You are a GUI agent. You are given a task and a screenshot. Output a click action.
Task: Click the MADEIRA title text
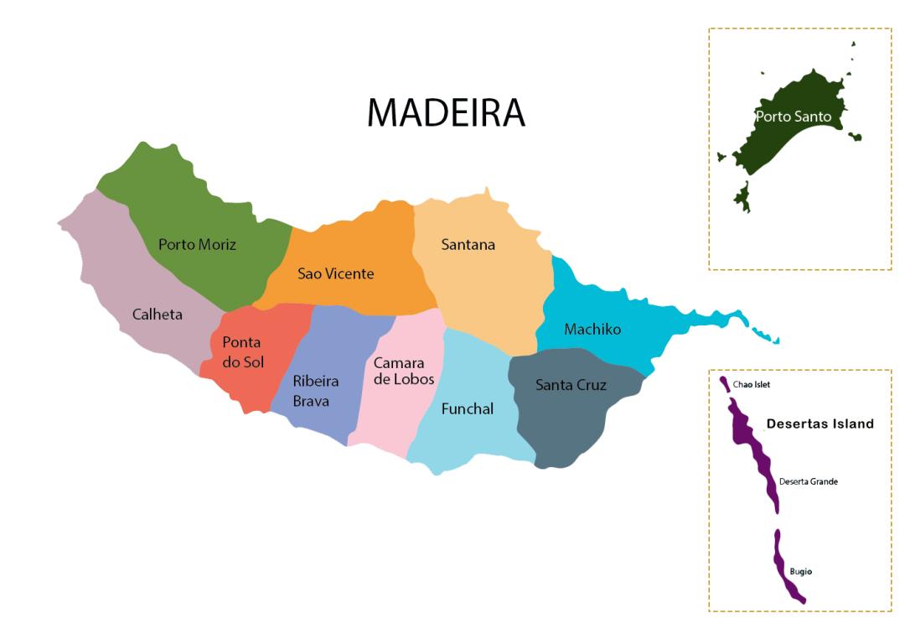(x=446, y=113)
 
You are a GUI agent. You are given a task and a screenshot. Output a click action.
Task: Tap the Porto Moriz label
(x=197, y=245)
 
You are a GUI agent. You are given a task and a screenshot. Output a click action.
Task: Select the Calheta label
(x=157, y=314)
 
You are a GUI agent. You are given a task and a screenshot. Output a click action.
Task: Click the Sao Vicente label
(x=335, y=273)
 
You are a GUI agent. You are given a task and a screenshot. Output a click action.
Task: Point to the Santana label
(x=468, y=245)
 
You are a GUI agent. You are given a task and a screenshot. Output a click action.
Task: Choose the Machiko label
(x=592, y=329)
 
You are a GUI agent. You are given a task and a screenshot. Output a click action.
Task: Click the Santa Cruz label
(x=571, y=385)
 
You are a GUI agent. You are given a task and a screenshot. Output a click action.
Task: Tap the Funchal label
(x=467, y=409)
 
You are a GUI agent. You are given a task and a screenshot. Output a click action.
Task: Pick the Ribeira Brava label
(x=315, y=391)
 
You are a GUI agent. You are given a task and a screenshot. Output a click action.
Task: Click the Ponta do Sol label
(x=241, y=352)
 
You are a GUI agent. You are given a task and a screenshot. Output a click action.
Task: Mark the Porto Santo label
(x=793, y=117)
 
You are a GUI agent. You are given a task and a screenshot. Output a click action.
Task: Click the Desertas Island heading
(x=820, y=424)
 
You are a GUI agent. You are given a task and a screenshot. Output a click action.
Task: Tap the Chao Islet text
(x=751, y=385)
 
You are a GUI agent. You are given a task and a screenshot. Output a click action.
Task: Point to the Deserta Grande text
(x=808, y=481)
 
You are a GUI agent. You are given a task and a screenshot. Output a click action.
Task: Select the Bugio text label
(x=800, y=572)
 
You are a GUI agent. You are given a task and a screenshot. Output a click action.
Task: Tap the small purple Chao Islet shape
(x=724, y=383)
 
